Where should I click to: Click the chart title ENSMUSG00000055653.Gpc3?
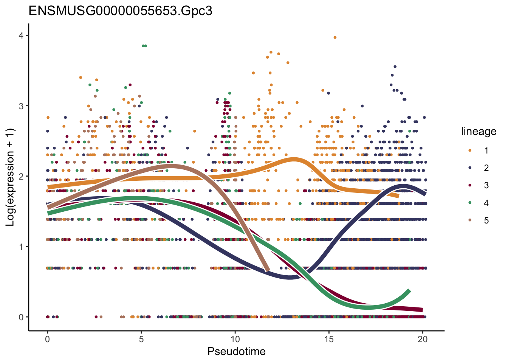tap(120, 11)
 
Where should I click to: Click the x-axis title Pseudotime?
tap(236, 352)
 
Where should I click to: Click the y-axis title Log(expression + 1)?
tap(10, 177)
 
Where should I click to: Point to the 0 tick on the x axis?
tap(47, 339)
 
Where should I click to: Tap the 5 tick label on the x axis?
tap(141, 339)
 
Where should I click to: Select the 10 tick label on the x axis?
tap(235, 339)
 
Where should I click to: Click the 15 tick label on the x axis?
tap(329, 339)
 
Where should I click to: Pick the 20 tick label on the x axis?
tap(423, 339)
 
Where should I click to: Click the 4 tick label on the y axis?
tap(21, 36)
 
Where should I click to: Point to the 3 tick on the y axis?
tap(21, 106)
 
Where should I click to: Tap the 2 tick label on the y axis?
tap(21, 176)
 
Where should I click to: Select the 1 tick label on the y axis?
tap(21, 247)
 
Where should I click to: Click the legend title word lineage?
tap(479, 132)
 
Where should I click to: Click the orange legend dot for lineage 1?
tap(470, 150)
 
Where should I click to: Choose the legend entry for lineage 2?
tap(470, 168)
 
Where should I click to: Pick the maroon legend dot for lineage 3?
tap(470, 185)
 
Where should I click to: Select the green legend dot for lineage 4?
tap(470, 203)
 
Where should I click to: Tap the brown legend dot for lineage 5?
tap(470, 220)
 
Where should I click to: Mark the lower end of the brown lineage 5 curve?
tap(268, 270)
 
